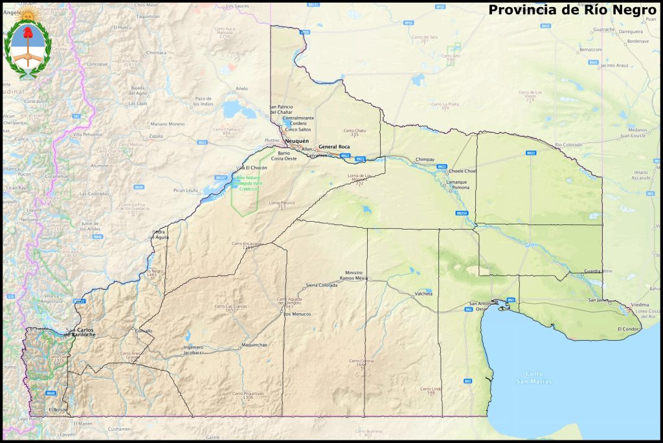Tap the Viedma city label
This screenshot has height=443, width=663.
[x=640, y=303]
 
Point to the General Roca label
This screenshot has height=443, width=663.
[x=333, y=147]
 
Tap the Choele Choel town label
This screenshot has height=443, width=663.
[x=462, y=171]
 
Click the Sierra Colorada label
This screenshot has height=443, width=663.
[x=321, y=285]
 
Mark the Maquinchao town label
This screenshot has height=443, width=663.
[x=254, y=345]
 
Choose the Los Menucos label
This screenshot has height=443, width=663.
[x=297, y=314]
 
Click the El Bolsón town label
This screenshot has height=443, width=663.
[x=58, y=409]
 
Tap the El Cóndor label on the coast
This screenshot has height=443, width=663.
[x=629, y=329]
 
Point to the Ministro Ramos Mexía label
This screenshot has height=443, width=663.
[x=357, y=275]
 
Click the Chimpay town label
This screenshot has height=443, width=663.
[x=425, y=158]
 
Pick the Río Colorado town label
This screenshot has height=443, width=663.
[x=568, y=144]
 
